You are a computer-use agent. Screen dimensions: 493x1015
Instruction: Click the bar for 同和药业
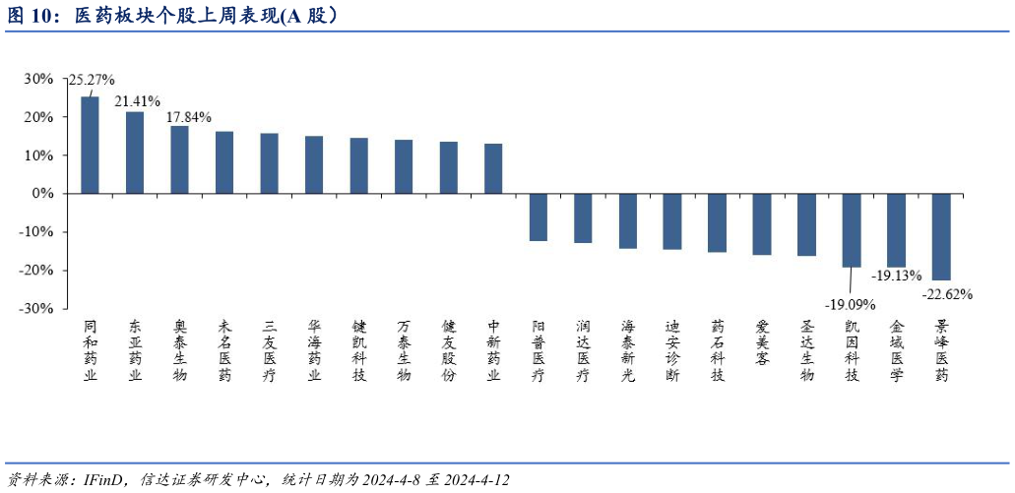[x=90, y=145]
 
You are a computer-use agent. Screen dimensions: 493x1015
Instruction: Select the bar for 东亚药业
[x=135, y=153]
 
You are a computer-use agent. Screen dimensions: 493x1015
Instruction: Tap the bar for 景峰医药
[x=941, y=237]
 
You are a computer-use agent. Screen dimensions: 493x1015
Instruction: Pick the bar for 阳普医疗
[x=539, y=217]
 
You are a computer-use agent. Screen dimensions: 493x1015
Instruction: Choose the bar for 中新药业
[x=493, y=169]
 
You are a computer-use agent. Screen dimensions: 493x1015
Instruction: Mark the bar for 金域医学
[x=896, y=230]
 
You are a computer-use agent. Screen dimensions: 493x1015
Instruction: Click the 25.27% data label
[x=92, y=80]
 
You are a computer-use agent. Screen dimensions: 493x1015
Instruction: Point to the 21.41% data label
[x=138, y=100]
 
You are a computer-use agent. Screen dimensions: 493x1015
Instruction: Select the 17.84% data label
[x=189, y=116]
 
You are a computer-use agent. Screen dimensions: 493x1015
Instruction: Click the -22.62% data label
[x=947, y=293]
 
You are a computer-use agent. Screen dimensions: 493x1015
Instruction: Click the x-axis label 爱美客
[x=762, y=343]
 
